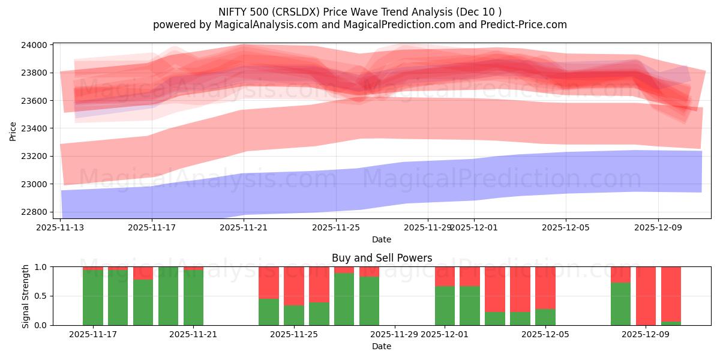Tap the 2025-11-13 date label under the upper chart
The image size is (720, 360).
60,228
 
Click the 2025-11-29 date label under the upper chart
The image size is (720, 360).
427,228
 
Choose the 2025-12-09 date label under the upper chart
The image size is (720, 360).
658,228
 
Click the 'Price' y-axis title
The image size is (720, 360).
13,131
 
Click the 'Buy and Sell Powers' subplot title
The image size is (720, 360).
382,258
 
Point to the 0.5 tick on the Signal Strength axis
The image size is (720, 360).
42,296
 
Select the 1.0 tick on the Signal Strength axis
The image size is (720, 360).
42,267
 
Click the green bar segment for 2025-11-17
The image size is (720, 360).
92,298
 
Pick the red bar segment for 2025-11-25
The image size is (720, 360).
294,286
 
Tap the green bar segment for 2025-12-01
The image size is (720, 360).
445,306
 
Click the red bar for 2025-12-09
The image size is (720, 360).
646,296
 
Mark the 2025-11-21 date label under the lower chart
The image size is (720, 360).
194,335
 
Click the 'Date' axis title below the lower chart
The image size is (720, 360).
382,346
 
